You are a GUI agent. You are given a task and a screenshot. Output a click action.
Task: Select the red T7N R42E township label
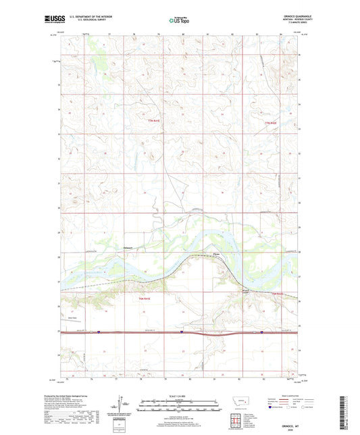270,122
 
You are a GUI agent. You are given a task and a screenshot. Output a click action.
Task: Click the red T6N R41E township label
143,298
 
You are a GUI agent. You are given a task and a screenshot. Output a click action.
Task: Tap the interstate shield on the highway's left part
97,332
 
